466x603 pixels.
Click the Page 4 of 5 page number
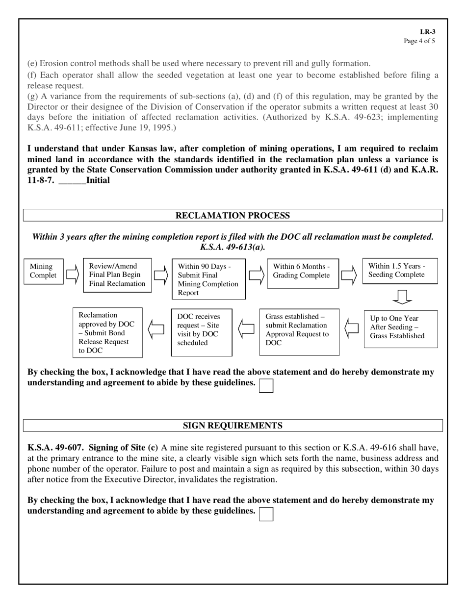[419, 41]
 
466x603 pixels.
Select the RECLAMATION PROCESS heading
[233, 216]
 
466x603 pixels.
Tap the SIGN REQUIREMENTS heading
[233, 426]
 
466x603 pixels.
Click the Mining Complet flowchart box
[44, 271]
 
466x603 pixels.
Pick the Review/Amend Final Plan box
[117, 275]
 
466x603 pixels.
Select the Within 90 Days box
[208, 279]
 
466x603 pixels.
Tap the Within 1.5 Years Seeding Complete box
[399, 271]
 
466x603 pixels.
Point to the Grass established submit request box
[299, 332]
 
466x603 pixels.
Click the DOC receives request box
[201, 331]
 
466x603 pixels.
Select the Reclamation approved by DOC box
[107, 332]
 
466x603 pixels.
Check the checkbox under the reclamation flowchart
[266, 386]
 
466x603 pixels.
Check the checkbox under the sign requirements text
[266, 514]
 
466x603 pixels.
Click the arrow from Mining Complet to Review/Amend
[73, 275]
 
